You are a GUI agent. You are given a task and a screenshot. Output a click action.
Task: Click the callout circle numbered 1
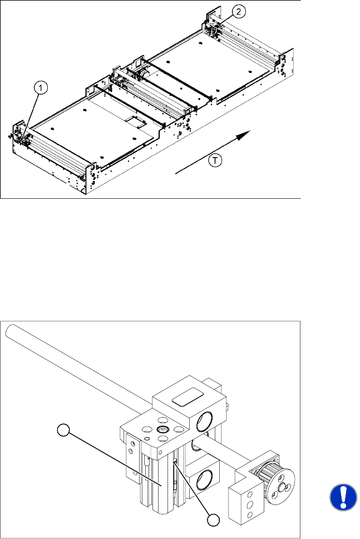click(x=41, y=89)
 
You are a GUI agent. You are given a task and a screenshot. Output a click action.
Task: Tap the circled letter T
click(x=215, y=160)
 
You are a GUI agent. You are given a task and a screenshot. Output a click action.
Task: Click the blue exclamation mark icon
click(x=343, y=497)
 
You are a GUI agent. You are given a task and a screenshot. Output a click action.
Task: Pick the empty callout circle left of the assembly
click(x=63, y=430)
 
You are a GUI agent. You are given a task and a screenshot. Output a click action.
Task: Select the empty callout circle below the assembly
click(x=213, y=520)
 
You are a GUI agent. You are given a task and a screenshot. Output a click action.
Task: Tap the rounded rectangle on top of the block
click(x=188, y=398)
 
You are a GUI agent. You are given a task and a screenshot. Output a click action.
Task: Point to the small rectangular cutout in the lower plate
click(x=135, y=121)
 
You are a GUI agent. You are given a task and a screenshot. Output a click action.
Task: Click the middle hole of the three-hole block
click(x=250, y=504)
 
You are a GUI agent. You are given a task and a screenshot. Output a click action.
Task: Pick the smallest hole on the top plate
click(x=147, y=438)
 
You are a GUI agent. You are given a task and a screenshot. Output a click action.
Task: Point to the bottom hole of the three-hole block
click(x=250, y=515)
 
